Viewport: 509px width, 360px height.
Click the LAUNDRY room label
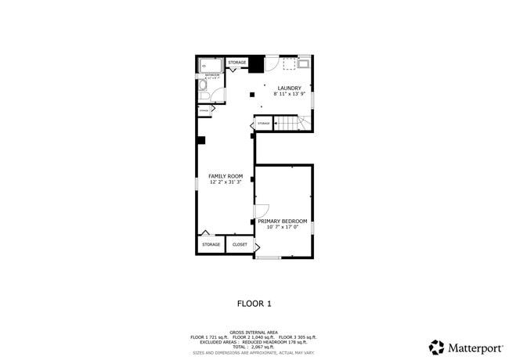click(x=289, y=88)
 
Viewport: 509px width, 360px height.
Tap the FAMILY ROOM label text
click(x=225, y=176)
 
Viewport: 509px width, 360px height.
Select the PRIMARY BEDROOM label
click(x=283, y=221)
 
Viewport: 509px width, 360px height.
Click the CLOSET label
click(x=240, y=245)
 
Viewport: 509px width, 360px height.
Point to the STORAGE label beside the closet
click(x=211, y=245)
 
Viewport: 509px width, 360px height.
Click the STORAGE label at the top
click(x=236, y=63)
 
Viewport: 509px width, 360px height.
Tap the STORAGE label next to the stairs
click(x=263, y=124)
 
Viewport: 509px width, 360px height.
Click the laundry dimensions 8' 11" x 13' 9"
click(x=289, y=94)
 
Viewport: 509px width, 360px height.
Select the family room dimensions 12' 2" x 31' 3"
click(x=225, y=182)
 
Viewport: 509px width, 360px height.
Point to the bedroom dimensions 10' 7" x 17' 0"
click(x=283, y=228)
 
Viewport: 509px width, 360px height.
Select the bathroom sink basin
click(x=218, y=97)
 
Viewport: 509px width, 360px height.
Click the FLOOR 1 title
click(x=254, y=303)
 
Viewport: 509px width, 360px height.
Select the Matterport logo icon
click(x=436, y=347)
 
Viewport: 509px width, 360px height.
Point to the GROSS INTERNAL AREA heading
click(x=254, y=332)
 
